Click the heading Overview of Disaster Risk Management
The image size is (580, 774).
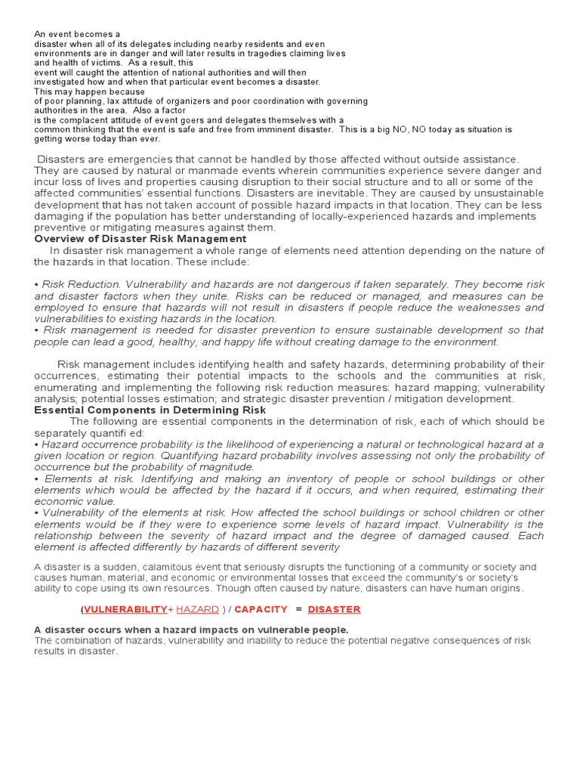[140, 239]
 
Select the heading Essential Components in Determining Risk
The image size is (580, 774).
[150, 410]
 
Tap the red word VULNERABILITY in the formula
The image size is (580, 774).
[125, 609]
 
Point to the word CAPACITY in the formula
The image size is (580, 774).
[262, 609]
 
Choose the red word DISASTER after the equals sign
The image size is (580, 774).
[334, 609]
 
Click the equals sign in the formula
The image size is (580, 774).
[298, 609]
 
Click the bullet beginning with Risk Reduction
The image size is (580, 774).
[36, 285]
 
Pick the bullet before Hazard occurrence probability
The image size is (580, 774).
[36, 445]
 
